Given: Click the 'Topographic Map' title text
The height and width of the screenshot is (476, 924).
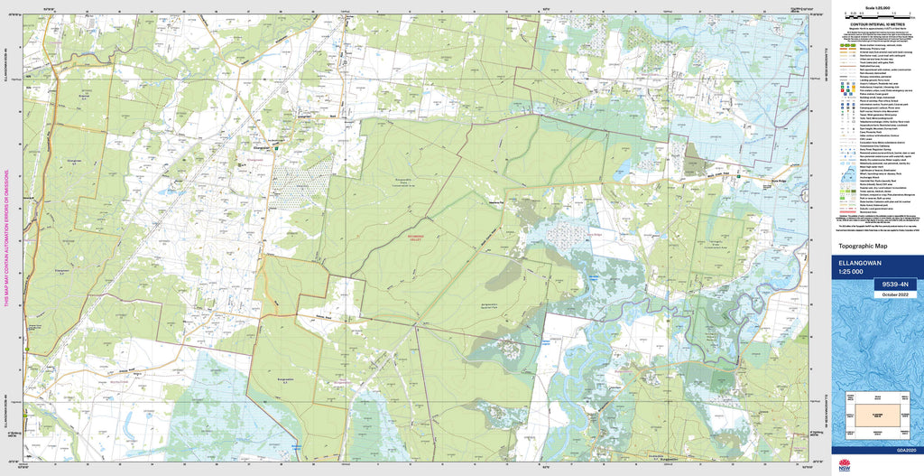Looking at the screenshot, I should point(864,246).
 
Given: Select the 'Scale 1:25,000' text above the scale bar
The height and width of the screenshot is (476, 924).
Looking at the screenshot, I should point(874,6).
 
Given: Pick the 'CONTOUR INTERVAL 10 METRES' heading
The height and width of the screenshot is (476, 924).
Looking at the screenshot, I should point(874,25).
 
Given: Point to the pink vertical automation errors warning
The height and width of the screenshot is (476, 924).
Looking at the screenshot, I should point(6,239).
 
